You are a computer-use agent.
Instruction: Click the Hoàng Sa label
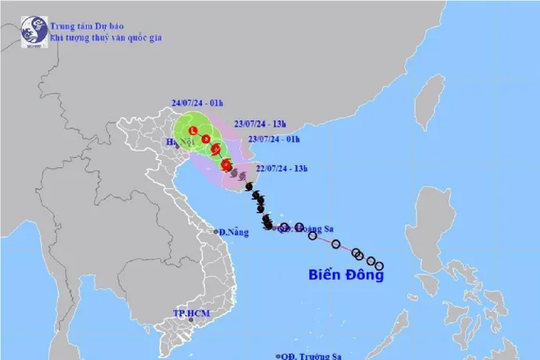(300, 228)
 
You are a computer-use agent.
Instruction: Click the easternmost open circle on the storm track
(380, 265)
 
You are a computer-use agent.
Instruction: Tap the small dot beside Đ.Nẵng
(215, 232)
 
